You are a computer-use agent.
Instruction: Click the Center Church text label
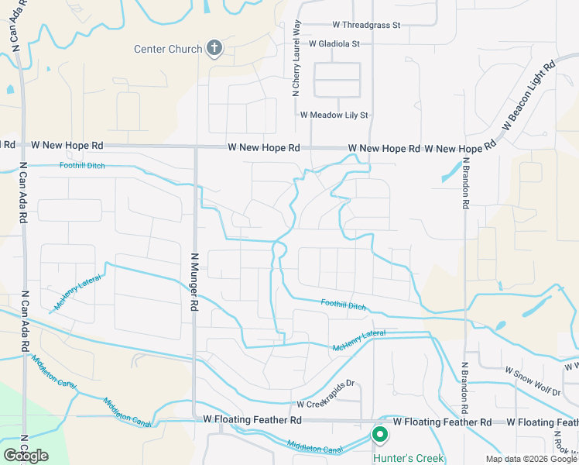pyautogui.click(x=168, y=50)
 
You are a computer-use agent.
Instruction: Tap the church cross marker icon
pyautogui.click(x=214, y=49)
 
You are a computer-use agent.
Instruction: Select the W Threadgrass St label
pyautogui.click(x=366, y=25)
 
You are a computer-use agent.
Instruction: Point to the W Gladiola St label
pyautogui.click(x=334, y=44)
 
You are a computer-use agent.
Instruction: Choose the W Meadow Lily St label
pyautogui.click(x=334, y=115)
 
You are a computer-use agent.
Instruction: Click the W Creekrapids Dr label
pyautogui.click(x=325, y=405)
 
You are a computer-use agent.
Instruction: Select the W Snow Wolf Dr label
pyautogui.click(x=533, y=371)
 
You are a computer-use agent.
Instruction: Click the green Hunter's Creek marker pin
pyautogui.click(x=380, y=436)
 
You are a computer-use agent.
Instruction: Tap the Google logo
pyautogui.click(x=26, y=456)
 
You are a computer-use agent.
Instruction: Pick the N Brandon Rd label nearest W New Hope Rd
pyautogui.click(x=466, y=184)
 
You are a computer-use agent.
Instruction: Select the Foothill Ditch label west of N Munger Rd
pyautogui.click(x=81, y=165)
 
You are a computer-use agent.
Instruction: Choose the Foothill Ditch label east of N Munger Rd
pyautogui.click(x=344, y=305)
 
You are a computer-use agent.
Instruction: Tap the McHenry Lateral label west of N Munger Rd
pyautogui.click(x=79, y=288)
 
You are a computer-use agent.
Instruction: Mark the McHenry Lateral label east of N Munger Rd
pyautogui.click(x=359, y=339)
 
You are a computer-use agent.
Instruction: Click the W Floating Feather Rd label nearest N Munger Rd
pyautogui.click(x=252, y=419)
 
